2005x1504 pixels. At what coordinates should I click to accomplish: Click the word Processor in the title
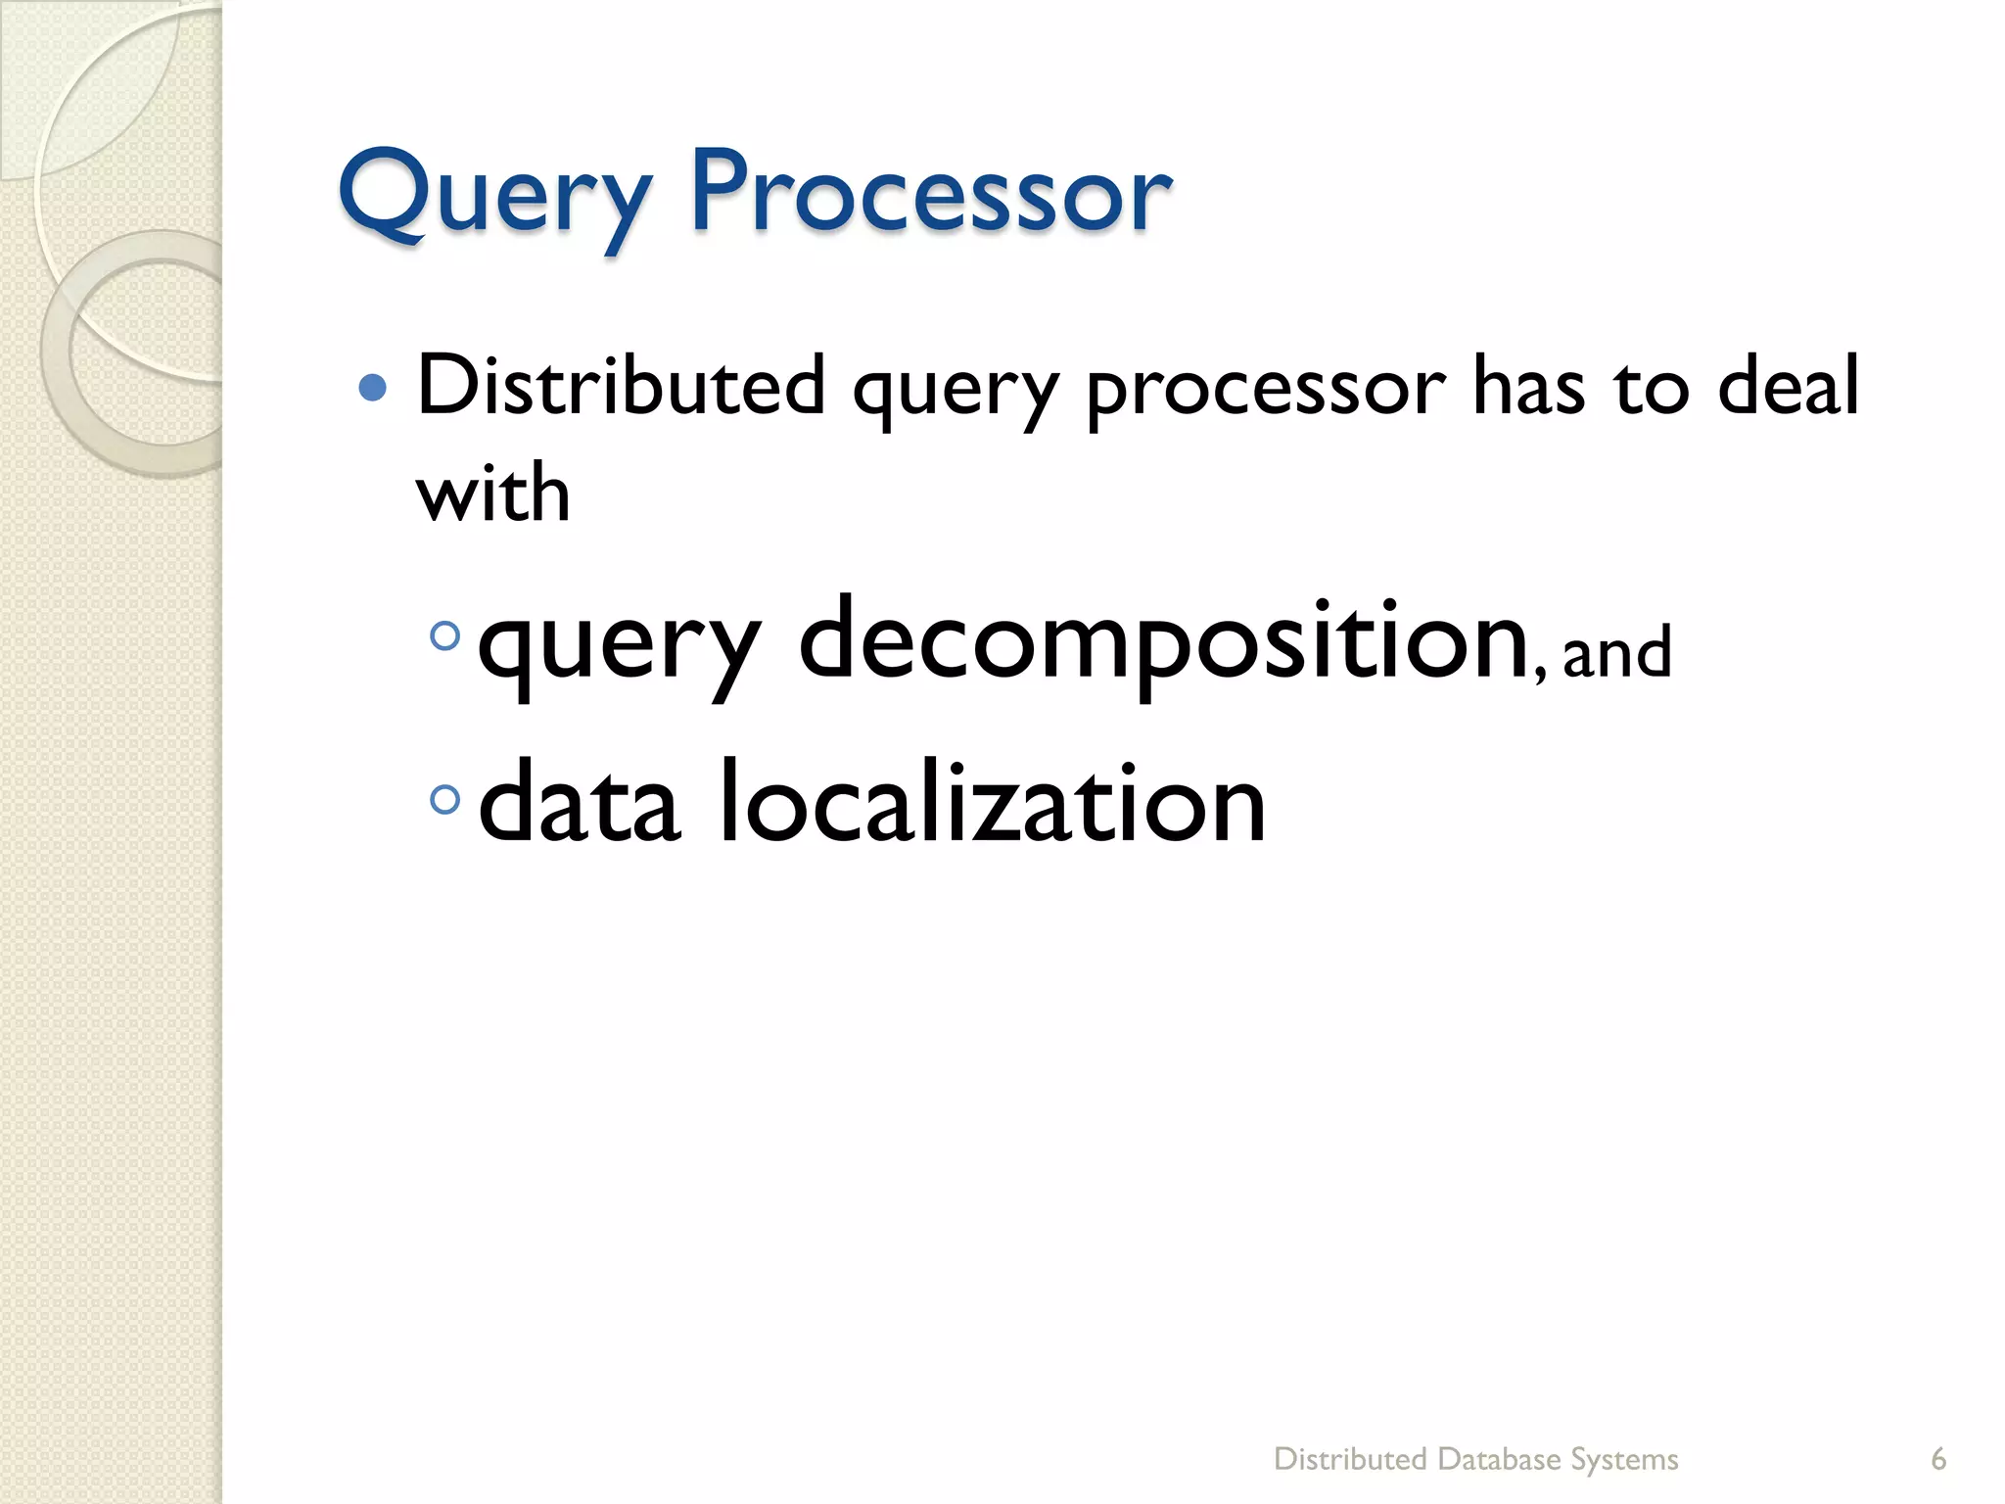tap(930, 192)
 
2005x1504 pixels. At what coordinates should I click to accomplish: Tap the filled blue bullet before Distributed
tap(373, 389)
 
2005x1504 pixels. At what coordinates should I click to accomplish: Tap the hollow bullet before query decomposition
tap(445, 636)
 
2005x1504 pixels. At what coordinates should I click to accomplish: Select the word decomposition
tap(1165, 641)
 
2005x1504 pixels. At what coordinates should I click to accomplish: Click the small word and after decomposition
tap(1616, 653)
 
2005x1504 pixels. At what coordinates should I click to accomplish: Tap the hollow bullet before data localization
tap(445, 800)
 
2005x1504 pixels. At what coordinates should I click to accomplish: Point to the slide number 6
tap(1937, 1459)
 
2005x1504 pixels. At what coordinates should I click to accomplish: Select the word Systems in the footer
tap(1624, 1459)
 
